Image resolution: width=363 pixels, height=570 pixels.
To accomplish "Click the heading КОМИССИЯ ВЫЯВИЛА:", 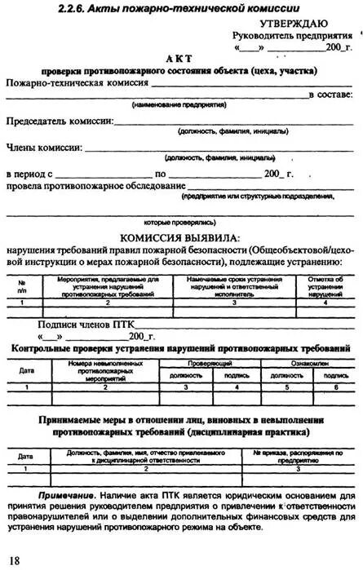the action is point(180,237).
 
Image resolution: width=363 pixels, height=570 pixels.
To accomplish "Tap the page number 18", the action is point(14,559).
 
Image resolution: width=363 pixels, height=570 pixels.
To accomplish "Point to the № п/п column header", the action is point(21,285).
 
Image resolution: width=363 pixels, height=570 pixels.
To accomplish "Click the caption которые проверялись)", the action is point(179,221).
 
